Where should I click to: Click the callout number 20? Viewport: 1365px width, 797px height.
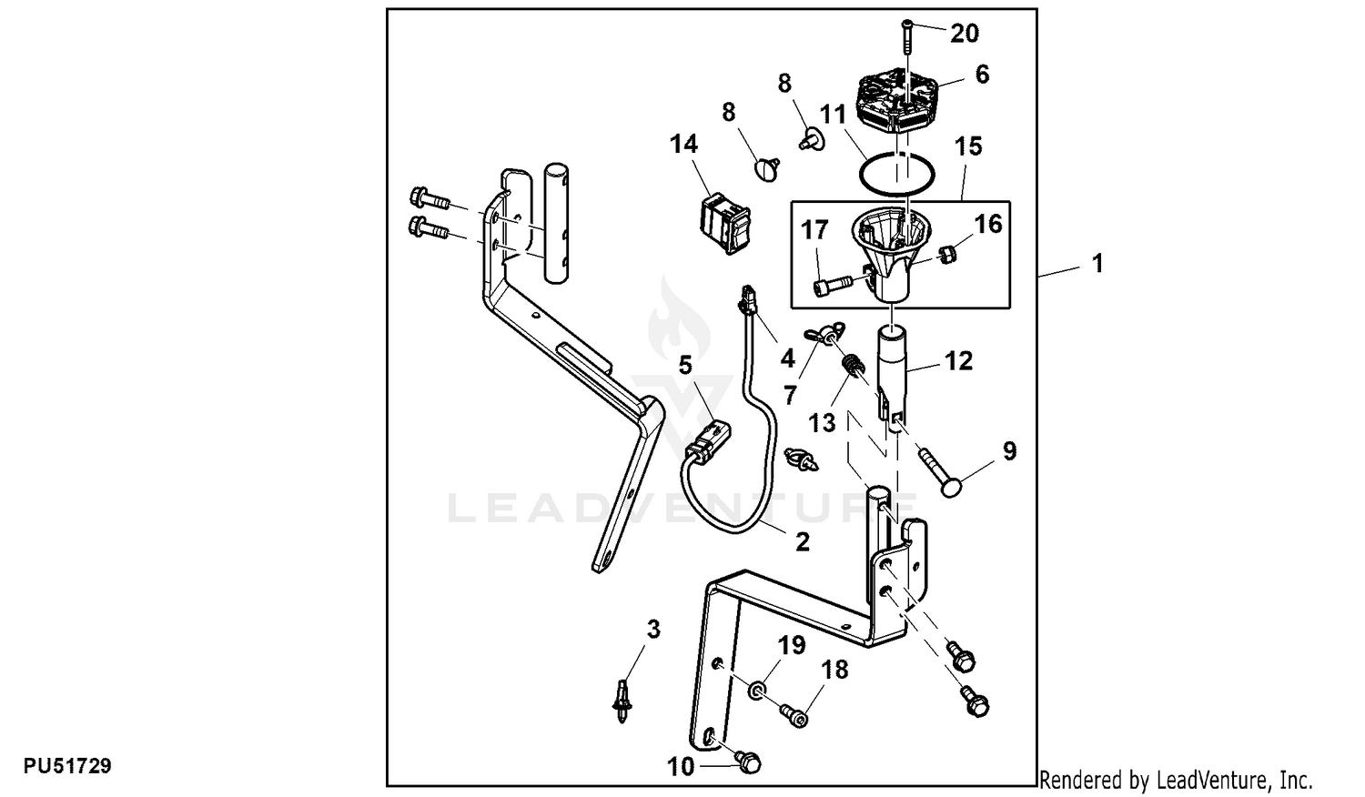pyautogui.click(x=965, y=33)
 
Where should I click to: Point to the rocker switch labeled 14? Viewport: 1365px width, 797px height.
pyautogui.click(x=725, y=222)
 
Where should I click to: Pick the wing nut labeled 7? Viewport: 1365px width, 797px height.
pyautogui.click(x=823, y=333)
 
